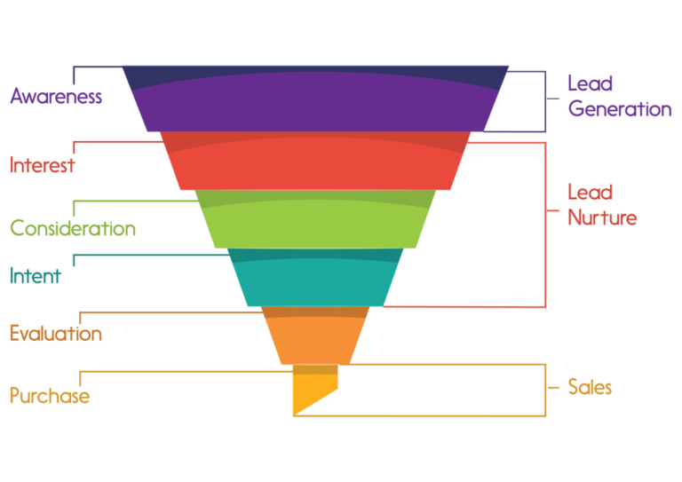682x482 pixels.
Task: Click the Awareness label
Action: point(56,96)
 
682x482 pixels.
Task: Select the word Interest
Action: point(43,165)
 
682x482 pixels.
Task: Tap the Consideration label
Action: point(73,228)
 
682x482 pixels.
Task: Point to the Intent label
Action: point(36,275)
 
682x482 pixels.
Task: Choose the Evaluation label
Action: point(56,334)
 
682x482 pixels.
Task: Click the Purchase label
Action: point(50,396)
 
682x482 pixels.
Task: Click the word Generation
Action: point(620,108)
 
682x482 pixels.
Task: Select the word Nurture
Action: point(602,217)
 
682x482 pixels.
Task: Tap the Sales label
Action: point(590,387)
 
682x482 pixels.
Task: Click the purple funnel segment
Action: point(315,99)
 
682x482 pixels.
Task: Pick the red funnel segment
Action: point(315,161)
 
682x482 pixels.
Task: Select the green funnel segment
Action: point(315,219)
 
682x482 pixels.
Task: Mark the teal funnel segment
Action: point(315,277)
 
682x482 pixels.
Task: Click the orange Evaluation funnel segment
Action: point(315,336)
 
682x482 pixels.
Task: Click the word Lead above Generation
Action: point(591,83)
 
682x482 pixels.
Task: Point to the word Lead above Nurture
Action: point(591,192)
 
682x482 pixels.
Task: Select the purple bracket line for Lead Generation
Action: point(545,99)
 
